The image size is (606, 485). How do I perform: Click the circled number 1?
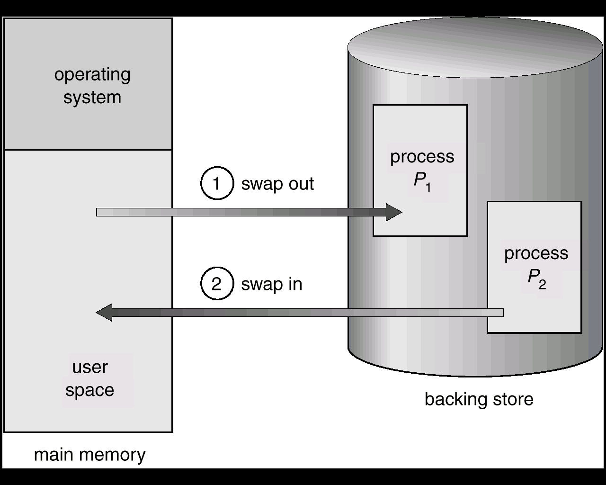pyautogui.click(x=217, y=183)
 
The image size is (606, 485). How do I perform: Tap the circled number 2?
pyautogui.click(x=217, y=283)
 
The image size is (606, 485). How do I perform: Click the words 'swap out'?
pyautogui.click(x=277, y=184)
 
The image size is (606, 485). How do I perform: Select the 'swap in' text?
pyautogui.click(x=272, y=284)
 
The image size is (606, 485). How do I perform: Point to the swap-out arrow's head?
pyautogui.click(x=401, y=212)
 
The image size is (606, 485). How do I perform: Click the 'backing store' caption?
pyautogui.click(x=479, y=399)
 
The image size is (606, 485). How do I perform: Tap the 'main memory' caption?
pyautogui.click(x=89, y=455)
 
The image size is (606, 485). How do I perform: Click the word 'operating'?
pyautogui.click(x=92, y=75)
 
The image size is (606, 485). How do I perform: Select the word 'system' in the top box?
pyautogui.click(x=92, y=98)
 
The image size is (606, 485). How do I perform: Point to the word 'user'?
pyautogui.click(x=90, y=367)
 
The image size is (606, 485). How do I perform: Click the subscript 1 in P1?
pyautogui.click(x=428, y=188)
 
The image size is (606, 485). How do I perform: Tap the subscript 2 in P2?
pyautogui.click(x=543, y=284)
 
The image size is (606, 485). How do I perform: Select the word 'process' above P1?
pyautogui.click(x=422, y=157)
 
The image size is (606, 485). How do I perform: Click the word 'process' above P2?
pyautogui.click(x=536, y=253)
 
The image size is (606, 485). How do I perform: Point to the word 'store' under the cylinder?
pyautogui.click(x=513, y=400)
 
